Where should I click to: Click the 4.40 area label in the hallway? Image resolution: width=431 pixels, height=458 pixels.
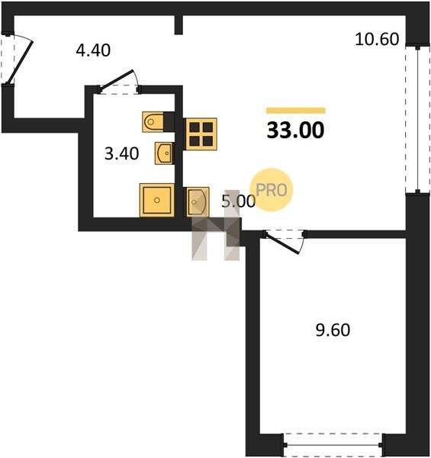pyautogui.click(x=93, y=50)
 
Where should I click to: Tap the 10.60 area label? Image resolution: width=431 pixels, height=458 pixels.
pyautogui.click(x=377, y=39)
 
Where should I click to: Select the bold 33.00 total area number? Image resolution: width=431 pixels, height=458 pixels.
pyautogui.click(x=295, y=131)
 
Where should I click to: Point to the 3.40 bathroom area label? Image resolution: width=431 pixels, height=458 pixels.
pyautogui.click(x=122, y=153)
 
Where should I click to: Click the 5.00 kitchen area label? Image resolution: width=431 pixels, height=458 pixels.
pyautogui.click(x=238, y=201)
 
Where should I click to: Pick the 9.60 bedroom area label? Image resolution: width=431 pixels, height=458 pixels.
pyautogui.click(x=333, y=330)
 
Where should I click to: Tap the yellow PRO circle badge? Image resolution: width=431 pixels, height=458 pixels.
pyautogui.click(x=272, y=190)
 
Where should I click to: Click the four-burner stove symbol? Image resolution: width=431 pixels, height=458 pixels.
pyautogui.click(x=200, y=134)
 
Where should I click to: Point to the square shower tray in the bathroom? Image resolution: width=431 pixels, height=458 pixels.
pyautogui.click(x=157, y=200)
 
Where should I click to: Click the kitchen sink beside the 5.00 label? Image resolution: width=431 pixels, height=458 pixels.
pyautogui.click(x=198, y=202)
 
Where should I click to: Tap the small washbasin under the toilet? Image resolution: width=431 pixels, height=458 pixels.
pyautogui.click(x=164, y=153)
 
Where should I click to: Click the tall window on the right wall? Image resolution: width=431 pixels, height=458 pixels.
pyautogui.click(x=417, y=119)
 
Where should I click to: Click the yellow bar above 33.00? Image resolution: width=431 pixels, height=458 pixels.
pyautogui.click(x=296, y=111)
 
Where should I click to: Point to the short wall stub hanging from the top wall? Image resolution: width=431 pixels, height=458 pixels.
pyautogui.click(x=179, y=25)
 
